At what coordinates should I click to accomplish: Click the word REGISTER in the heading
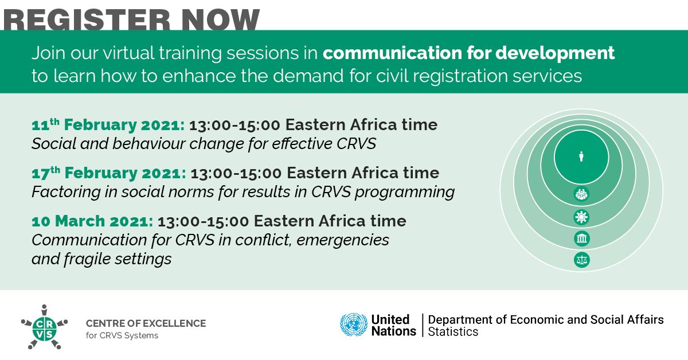tap(87, 19)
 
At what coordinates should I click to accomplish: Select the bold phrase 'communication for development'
tap(469, 53)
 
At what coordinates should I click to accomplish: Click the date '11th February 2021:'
tap(108, 125)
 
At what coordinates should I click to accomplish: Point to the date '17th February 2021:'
tap(109, 173)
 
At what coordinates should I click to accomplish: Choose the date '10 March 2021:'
tap(92, 221)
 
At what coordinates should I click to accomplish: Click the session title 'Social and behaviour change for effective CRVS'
tap(204, 144)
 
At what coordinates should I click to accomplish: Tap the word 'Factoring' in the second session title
tap(66, 192)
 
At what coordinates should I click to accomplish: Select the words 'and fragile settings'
tap(101, 259)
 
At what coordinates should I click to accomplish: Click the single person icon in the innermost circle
tap(581, 156)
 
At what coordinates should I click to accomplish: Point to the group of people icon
tap(581, 194)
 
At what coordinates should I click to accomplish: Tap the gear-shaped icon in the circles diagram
tap(581, 217)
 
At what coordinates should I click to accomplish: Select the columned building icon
tap(582, 238)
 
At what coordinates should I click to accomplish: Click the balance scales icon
tap(582, 260)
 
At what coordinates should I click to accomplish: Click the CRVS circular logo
tap(45, 327)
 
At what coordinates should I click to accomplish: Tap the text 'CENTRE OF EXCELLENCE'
tap(146, 323)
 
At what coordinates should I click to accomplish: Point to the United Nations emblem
tap(354, 324)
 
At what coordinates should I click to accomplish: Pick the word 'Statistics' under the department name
tap(453, 332)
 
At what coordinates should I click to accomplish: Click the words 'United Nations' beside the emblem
tap(393, 325)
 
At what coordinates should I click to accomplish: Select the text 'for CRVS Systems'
tap(122, 335)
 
